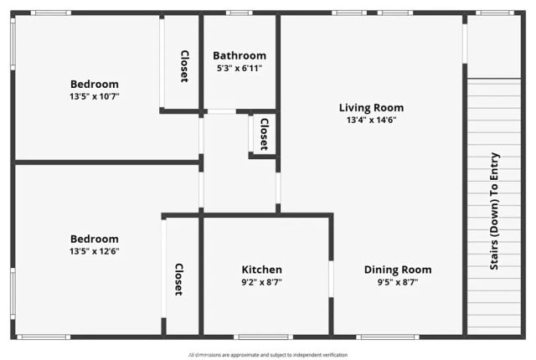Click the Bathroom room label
[x=240, y=56]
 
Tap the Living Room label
[x=371, y=107]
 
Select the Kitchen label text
[x=262, y=270]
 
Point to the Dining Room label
[x=398, y=270]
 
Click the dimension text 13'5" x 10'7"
[x=95, y=96]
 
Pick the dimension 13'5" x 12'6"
[x=95, y=251]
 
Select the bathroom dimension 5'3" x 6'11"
[x=240, y=69]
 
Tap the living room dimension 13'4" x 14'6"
[x=371, y=120]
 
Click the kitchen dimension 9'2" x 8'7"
[x=262, y=282]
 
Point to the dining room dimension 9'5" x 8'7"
[x=398, y=282]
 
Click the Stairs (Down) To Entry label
[x=494, y=211]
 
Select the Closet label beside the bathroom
[x=184, y=65]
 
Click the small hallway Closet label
[x=264, y=134]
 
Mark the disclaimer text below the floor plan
[x=268, y=354]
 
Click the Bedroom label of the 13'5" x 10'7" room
[x=95, y=84]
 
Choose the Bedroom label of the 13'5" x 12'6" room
[x=95, y=239]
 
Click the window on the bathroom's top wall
[x=240, y=13]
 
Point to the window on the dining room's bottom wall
[x=387, y=337]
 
